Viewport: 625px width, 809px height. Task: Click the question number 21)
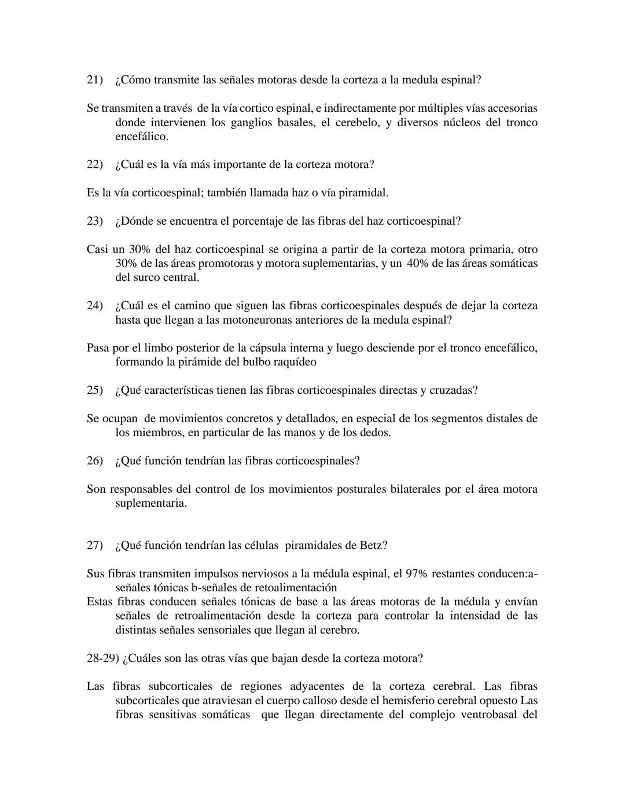click(x=94, y=80)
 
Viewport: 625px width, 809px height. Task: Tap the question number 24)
click(x=94, y=306)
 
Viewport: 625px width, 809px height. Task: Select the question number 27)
click(x=94, y=546)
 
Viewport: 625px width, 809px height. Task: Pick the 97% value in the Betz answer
click(x=416, y=574)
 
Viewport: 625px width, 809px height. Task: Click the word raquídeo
click(x=292, y=362)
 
